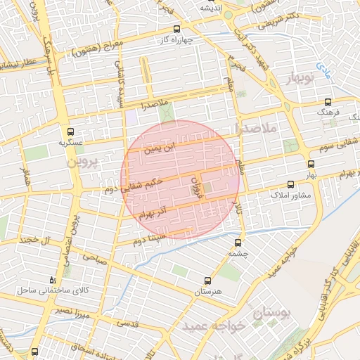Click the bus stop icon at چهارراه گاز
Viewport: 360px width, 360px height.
tap(176, 30)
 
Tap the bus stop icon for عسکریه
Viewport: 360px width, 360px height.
tap(70, 131)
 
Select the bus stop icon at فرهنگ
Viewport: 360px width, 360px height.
tap(328, 103)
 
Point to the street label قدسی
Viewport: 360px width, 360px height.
tap(127, 323)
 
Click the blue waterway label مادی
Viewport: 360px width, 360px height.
tap(323, 69)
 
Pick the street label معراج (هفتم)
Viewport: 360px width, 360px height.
tap(98, 49)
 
